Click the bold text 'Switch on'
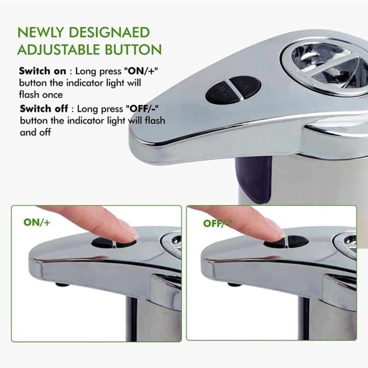coord(43,71)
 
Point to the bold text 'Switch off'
coord(43,109)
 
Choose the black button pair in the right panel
coord(286,242)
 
